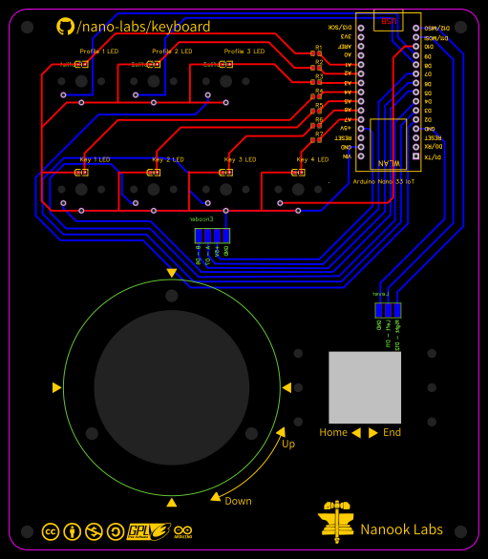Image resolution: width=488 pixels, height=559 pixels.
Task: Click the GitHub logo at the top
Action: [65, 27]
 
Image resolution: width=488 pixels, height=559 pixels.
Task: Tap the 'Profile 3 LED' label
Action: [244, 51]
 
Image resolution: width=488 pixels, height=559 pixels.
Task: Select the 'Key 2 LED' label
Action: [172, 159]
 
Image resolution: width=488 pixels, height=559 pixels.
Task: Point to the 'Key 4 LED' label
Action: [312, 159]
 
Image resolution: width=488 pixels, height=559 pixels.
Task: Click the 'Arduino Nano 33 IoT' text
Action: [383, 179]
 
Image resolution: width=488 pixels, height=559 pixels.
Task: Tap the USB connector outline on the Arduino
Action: [389, 21]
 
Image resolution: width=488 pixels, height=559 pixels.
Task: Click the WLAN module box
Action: [389, 144]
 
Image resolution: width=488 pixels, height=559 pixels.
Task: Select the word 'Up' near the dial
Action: [288, 444]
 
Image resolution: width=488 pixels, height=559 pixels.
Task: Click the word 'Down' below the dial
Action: [238, 501]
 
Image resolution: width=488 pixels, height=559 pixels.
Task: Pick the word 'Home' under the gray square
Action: [333, 432]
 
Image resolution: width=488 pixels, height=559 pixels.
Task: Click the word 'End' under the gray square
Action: [392, 432]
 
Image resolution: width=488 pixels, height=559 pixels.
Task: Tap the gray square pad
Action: [366, 387]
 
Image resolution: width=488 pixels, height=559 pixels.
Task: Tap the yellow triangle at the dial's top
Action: [172, 273]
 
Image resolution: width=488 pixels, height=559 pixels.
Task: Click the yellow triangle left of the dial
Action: [56, 387]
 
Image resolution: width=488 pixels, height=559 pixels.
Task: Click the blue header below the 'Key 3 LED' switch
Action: [211, 236]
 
